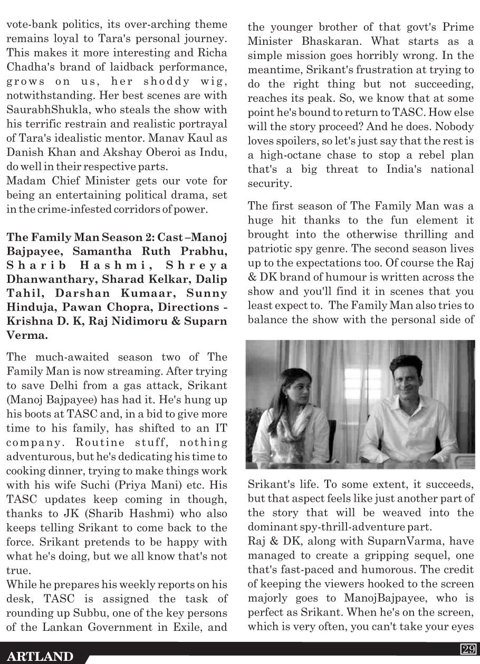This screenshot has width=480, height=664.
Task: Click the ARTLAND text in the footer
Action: pyautogui.click(x=41, y=656)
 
